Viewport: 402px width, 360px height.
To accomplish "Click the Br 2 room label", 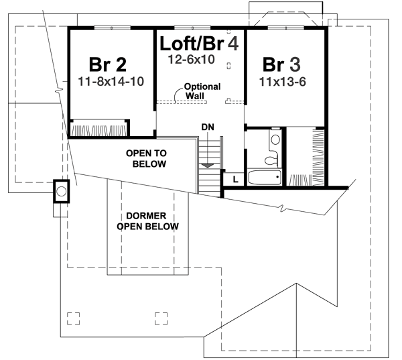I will tap(107, 65).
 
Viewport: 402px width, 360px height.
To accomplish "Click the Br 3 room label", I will tap(281, 65).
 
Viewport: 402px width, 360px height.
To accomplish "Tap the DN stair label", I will tap(208, 127).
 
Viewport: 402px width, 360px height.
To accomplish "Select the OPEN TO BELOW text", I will tap(146, 159).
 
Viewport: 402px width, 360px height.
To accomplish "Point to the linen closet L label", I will tap(236, 179).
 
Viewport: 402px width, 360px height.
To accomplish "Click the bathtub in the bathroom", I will tap(263, 179).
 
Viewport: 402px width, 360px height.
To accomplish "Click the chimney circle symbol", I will tap(61, 192).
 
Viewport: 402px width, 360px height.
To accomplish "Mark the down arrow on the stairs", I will tap(208, 164).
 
